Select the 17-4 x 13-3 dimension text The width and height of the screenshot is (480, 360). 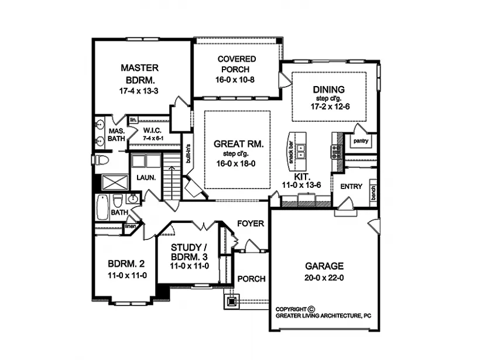click(138, 91)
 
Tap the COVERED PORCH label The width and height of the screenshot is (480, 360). click(236, 64)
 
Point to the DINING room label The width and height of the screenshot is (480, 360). click(328, 90)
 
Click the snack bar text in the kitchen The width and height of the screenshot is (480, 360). click(290, 151)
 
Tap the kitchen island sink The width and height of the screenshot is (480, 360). click(301, 152)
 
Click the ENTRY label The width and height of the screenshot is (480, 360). click(351, 187)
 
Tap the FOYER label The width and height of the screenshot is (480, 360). click(251, 224)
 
